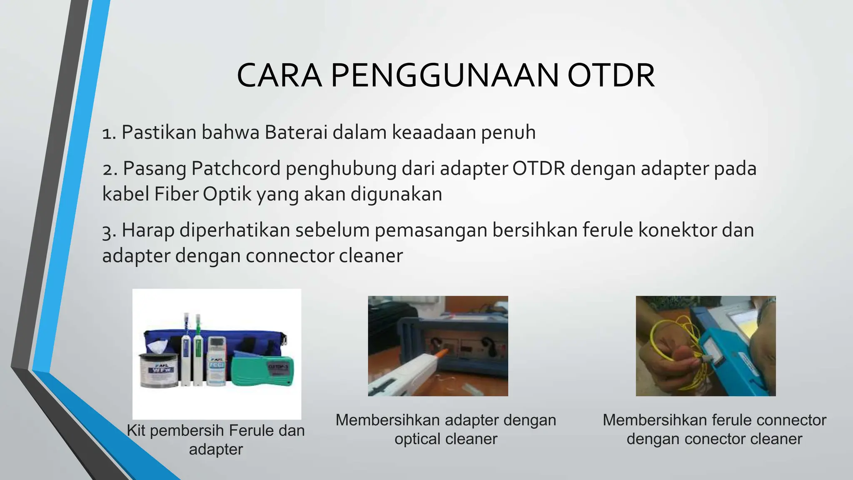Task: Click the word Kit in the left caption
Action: (136, 430)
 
